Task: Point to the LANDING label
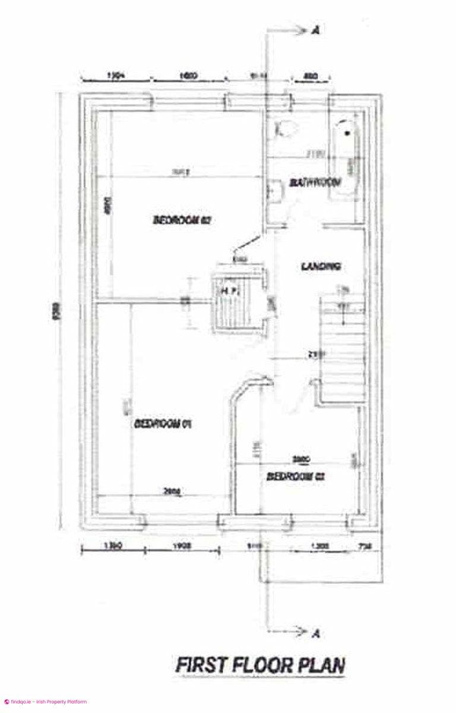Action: tap(321, 266)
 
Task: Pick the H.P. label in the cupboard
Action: tap(230, 291)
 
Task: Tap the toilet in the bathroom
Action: tap(286, 128)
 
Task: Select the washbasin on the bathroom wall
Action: tap(275, 191)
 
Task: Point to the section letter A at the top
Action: tap(315, 31)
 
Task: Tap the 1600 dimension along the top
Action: tap(187, 77)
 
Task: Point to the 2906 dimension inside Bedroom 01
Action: tap(172, 491)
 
